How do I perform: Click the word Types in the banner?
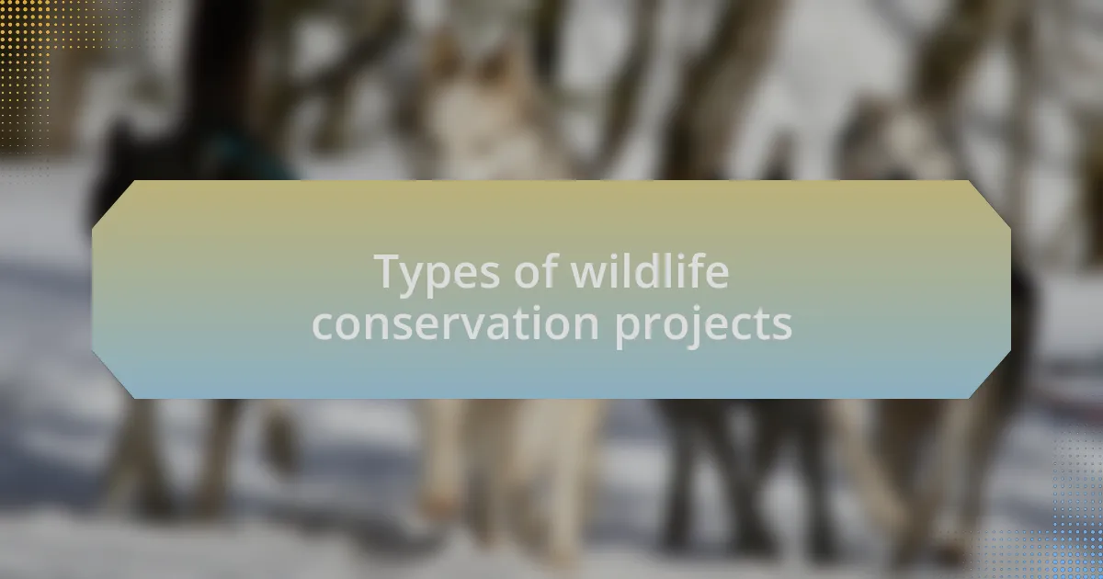pyautogui.click(x=437, y=273)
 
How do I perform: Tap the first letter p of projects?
pyautogui.click(x=629, y=331)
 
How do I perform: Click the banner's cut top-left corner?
pyautogui.click(x=113, y=205)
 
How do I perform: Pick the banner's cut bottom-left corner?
pyautogui.click(x=113, y=375)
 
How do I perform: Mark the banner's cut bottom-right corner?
pyautogui.click(x=990, y=375)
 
